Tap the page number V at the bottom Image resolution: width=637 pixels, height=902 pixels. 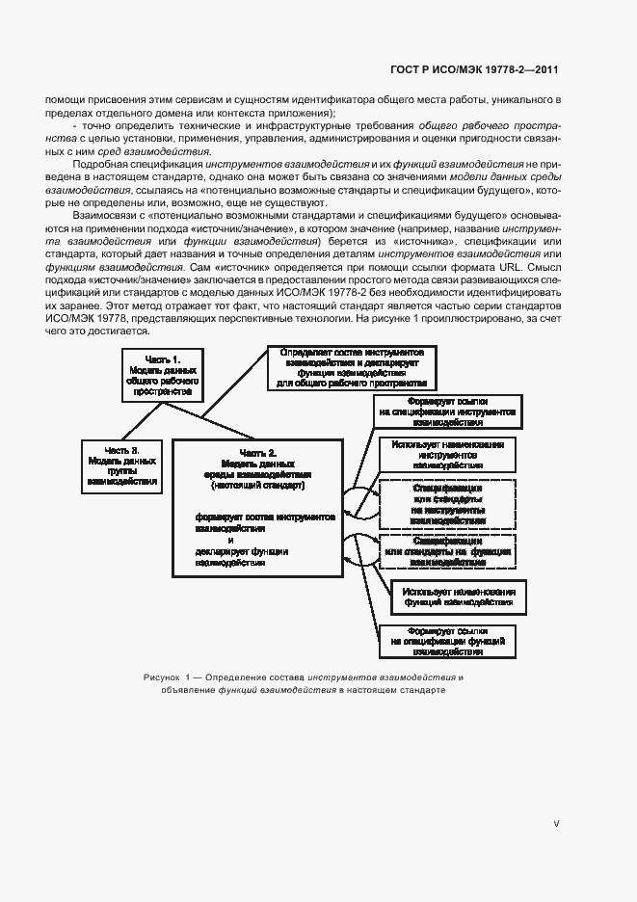[x=556, y=824]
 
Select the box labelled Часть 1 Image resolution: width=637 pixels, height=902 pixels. [x=163, y=376]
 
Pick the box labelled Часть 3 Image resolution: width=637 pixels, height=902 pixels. [x=121, y=466]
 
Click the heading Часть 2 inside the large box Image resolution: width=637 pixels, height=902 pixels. [x=257, y=453]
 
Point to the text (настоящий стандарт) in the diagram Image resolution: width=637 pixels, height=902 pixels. [x=257, y=486]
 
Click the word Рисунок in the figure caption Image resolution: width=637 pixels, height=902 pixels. [x=160, y=677]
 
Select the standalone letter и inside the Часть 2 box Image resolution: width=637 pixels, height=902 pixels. [x=230, y=541]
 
